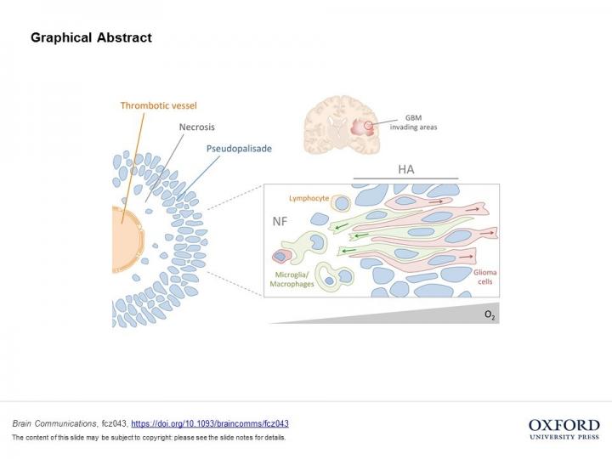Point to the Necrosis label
click(197, 126)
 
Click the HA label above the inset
click(405, 170)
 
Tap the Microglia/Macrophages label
click(294, 280)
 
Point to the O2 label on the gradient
click(490, 314)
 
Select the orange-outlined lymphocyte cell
click(341, 203)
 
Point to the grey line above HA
click(405, 179)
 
